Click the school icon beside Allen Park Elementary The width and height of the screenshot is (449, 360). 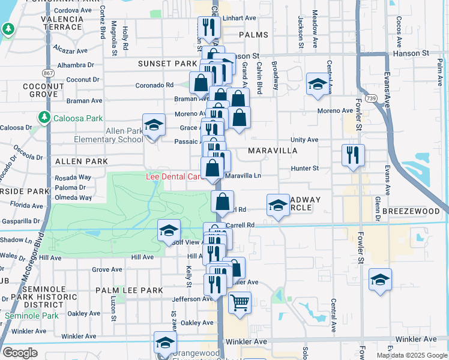154,125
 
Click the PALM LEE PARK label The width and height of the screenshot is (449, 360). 129,290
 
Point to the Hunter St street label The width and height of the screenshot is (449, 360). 306,169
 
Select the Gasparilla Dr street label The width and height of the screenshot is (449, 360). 20,221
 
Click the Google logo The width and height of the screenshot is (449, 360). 20,353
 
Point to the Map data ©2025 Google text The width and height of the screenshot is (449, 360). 411,355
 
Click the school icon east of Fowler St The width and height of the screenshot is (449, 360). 380,280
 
